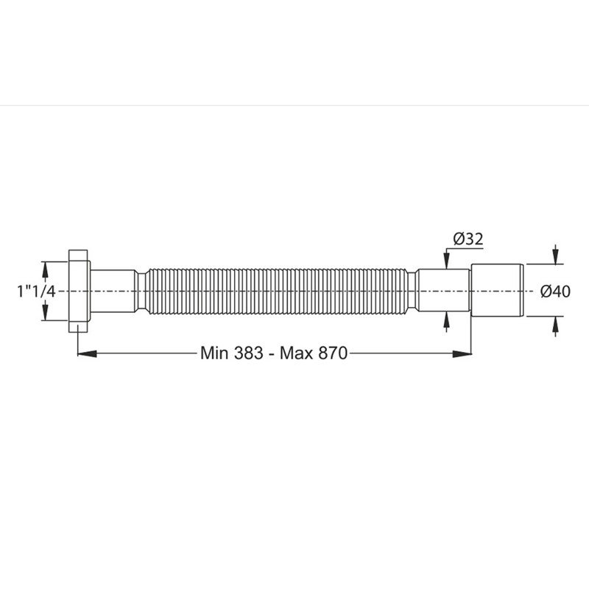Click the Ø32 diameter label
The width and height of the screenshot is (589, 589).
[x=468, y=239]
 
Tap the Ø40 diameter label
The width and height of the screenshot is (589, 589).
[x=555, y=292]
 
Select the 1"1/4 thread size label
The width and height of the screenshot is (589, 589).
[x=36, y=292]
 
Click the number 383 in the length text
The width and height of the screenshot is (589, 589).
[x=248, y=353]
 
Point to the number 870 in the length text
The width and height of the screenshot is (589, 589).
[x=333, y=353]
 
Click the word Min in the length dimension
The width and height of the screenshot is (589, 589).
[x=214, y=353]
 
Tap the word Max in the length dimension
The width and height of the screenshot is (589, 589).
[x=297, y=353]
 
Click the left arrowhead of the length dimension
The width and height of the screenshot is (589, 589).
[x=87, y=353]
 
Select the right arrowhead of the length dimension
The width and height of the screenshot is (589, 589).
[x=462, y=353]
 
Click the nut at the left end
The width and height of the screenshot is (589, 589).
[x=79, y=291]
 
